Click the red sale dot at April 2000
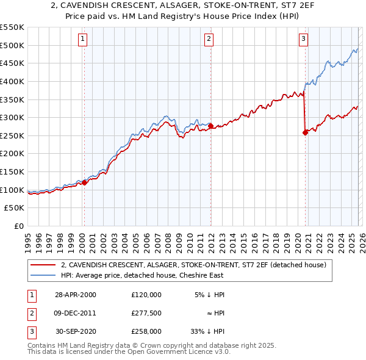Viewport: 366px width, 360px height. pos(85,182)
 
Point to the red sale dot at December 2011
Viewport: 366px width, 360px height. pos(210,126)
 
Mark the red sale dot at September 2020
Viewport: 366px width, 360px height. pos(305,133)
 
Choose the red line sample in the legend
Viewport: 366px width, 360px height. pos(43,265)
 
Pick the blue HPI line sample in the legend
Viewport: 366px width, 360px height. pos(43,275)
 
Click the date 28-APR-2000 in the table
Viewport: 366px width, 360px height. pos(75,295)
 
